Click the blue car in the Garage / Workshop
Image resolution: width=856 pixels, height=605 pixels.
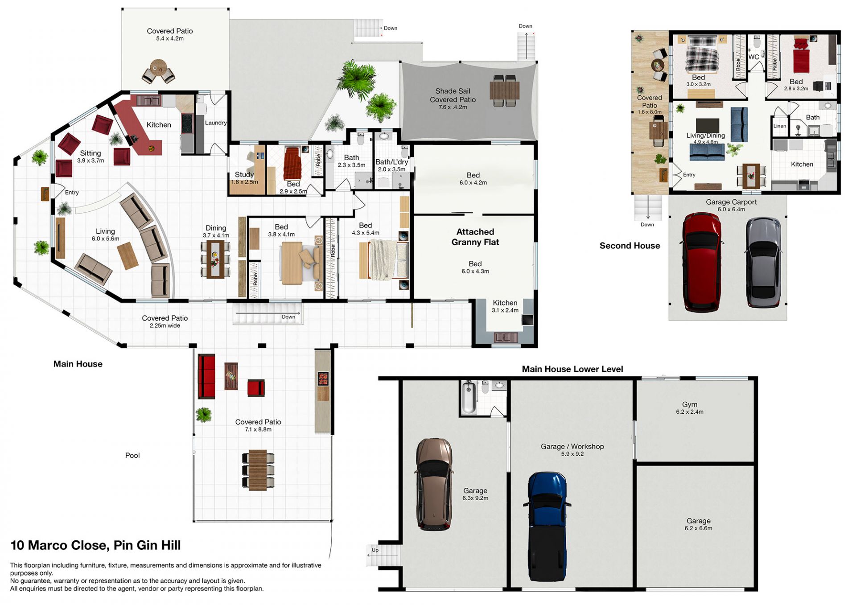tap(547, 527)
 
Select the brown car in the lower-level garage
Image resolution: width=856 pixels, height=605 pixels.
tap(434, 484)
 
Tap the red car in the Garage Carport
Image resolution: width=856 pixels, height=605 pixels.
tap(701, 262)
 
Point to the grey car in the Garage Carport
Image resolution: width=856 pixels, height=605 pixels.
tap(763, 262)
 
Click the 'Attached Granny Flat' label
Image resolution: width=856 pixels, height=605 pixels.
tap(475, 237)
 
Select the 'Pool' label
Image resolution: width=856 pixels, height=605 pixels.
tap(132, 455)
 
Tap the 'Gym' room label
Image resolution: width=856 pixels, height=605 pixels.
tap(689, 404)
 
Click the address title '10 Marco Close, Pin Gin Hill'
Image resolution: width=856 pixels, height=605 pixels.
tap(96, 545)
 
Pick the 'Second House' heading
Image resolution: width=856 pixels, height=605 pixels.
tap(630, 246)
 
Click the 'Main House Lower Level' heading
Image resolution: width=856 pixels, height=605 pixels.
tap(572, 369)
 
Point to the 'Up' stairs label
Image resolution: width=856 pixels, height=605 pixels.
tap(375, 550)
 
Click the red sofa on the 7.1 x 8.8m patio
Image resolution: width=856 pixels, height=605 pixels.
tap(206, 376)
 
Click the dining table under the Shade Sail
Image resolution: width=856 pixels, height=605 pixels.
tap(504, 91)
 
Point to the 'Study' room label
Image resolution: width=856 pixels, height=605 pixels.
tap(244, 174)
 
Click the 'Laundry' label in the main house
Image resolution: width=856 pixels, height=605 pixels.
tap(216, 123)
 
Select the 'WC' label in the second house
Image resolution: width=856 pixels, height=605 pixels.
tap(753, 57)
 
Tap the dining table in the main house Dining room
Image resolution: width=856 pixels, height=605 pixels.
tap(215, 259)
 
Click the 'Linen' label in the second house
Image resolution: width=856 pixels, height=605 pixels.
tap(780, 126)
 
